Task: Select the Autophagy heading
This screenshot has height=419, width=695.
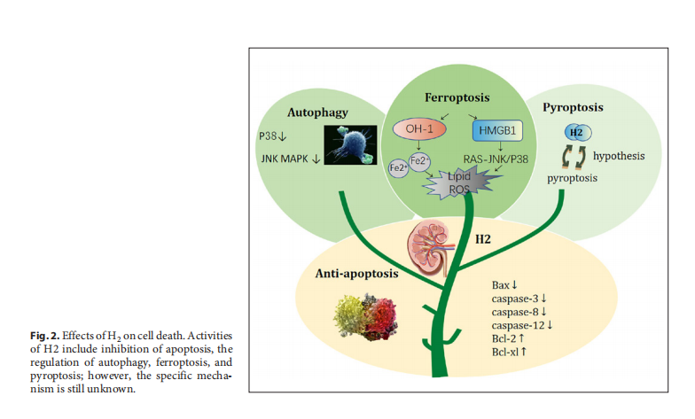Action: click(x=316, y=113)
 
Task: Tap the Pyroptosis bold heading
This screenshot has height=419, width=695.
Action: click(x=573, y=107)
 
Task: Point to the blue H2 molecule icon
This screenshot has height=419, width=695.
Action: click(x=576, y=133)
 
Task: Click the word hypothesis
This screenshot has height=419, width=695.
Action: click(x=618, y=156)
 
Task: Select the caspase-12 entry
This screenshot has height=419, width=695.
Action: click(x=521, y=325)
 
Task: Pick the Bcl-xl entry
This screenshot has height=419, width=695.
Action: click(x=510, y=353)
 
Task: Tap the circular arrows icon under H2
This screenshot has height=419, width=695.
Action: click(x=574, y=158)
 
